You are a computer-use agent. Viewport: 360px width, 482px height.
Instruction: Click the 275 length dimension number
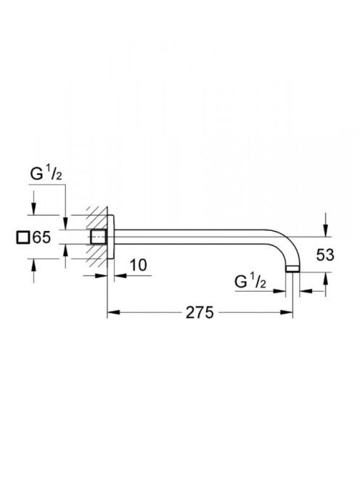pos(199,313)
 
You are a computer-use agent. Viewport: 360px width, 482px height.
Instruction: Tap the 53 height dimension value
pos(325,255)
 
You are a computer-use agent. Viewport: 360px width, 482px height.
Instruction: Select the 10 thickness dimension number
pos(139,265)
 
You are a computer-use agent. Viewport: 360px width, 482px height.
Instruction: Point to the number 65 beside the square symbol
pos(41,237)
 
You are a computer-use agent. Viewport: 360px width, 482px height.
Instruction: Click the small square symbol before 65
pos(22,237)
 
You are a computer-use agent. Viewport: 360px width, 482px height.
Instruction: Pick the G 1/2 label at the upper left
pos(46,174)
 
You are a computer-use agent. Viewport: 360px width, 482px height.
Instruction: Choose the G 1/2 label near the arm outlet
pos(250,282)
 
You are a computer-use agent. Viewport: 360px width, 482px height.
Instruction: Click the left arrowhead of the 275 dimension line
pos(113,312)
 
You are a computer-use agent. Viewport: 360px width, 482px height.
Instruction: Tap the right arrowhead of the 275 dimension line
pos(287,312)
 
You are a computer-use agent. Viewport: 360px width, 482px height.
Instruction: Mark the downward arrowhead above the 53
pos(325,231)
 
